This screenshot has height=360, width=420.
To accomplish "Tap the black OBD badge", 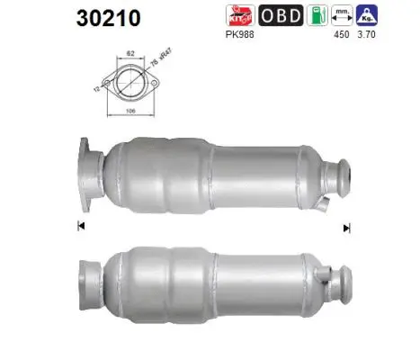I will coord(280,15).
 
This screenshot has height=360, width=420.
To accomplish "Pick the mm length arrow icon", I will coord(341,15).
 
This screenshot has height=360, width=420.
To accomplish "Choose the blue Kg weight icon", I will coord(366,15).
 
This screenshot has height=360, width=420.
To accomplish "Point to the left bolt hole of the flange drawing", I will coord(108,84).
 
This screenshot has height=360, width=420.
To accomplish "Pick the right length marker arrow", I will coord(345,229).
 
